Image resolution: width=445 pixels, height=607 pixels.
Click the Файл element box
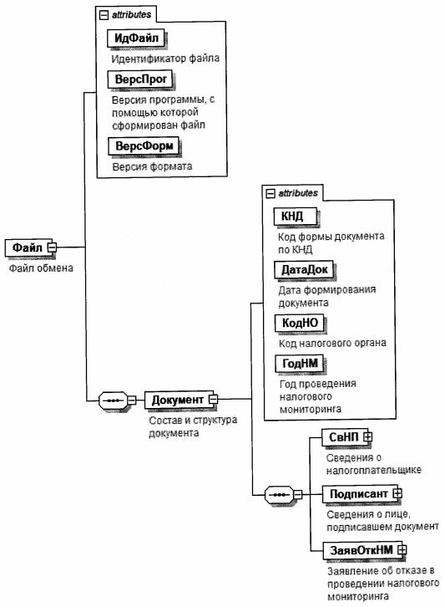coord(28,247)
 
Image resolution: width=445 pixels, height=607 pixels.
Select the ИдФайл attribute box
coord(136,38)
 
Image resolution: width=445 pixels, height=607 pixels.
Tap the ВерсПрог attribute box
coord(140,79)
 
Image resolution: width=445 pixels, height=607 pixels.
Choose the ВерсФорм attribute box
coord(144,146)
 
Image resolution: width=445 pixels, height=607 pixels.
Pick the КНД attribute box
coord(296,217)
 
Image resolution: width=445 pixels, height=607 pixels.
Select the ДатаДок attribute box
coord(304,270)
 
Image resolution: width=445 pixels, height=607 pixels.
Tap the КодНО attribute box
coord(300,323)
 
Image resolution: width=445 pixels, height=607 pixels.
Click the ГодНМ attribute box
coord(300,364)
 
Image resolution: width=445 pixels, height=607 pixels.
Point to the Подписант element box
coord(360,494)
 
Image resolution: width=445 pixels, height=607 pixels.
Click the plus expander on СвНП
coord(367,437)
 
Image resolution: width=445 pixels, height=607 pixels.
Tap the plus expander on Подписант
coord(397,493)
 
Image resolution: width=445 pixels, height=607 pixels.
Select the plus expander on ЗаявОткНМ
coord(402,549)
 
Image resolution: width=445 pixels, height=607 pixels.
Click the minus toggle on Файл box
coord(53,247)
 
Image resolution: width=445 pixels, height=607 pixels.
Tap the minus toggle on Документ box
coord(214,399)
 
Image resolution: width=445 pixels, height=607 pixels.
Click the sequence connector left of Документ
coord(114,400)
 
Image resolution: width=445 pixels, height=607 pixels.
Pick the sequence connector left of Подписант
coord(279,495)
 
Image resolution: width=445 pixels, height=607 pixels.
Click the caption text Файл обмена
coord(41,268)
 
